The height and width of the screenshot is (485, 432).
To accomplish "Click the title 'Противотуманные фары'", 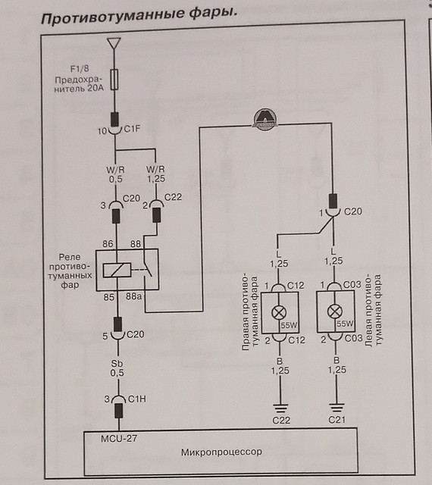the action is click(x=139, y=15).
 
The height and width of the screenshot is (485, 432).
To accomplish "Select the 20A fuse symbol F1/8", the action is click(x=114, y=80).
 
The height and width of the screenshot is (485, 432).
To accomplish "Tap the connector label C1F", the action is click(x=132, y=128).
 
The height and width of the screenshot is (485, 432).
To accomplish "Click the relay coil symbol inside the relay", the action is click(x=117, y=270).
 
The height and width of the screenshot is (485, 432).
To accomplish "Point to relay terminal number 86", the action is click(x=108, y=244).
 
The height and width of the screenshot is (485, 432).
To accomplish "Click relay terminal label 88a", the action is click(x=133, y=296).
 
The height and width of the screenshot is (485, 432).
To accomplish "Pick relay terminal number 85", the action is click(x=108, y=297).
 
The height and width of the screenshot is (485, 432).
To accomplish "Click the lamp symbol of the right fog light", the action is click(x=279, y=312).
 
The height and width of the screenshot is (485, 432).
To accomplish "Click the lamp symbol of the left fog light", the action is click(x=335, y=311).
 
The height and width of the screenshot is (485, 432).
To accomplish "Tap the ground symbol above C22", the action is click(x=280, y=408).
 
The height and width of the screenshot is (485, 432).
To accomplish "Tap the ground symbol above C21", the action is click(x=337, y=408).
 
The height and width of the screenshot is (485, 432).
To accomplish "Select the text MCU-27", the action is click(x=119, y=438).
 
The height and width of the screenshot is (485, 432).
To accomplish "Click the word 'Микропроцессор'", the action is click(x=221, y=452).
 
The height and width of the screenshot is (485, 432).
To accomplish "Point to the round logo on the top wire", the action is click(x=265, y=119).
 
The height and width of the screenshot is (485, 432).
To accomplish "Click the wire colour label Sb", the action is click(x=117, y=364).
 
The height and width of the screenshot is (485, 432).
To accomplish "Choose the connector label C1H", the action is click(x=136, y=399).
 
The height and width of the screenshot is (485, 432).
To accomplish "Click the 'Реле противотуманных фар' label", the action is click(x=70, y=271).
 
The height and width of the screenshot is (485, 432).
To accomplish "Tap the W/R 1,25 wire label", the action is click(x=155, y=174).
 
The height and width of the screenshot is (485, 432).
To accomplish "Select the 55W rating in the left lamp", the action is click(x=345, y=324).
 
